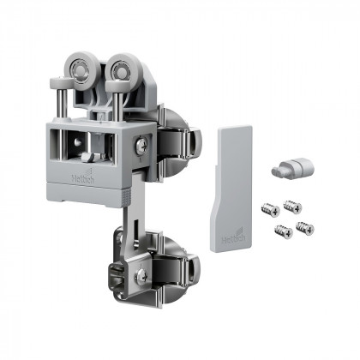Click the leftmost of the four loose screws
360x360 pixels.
click(x=268, y=209)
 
